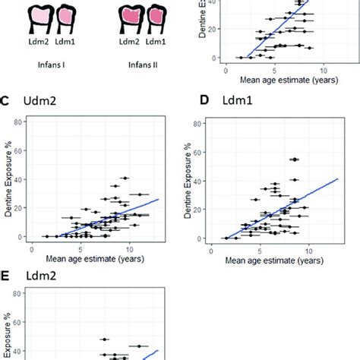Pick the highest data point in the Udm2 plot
tap(125, 178)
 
